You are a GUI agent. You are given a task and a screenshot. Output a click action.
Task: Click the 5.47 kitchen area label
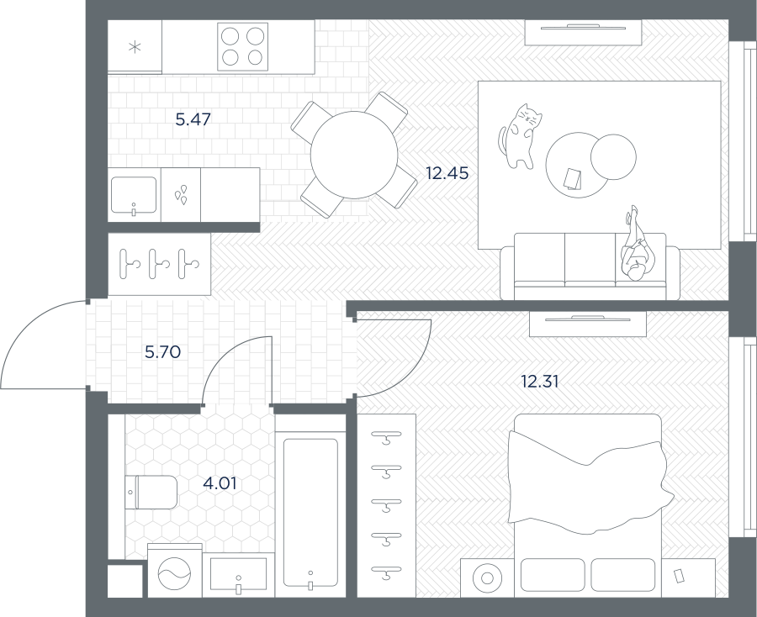193,119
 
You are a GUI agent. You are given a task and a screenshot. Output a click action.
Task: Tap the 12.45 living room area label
447,172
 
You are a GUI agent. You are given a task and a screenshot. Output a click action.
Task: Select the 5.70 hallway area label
162,351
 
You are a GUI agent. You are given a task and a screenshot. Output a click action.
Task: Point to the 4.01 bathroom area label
220,483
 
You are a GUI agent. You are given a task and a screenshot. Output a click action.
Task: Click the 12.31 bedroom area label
540,382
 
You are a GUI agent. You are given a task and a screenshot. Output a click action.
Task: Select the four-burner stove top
242,46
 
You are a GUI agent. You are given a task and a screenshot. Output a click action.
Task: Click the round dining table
354,155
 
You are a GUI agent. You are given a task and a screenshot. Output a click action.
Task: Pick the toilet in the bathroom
151,492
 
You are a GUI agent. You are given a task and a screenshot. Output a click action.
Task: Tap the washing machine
175,571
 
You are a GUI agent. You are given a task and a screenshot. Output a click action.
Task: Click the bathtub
310,512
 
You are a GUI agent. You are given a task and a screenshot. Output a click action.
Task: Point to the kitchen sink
134,195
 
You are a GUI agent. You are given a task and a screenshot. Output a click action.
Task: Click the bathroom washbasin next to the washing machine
239,576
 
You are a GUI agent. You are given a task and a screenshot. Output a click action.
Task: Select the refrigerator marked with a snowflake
135,46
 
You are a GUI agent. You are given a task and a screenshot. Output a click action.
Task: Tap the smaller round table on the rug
613,157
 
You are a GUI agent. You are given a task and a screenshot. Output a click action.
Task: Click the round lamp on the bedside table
487,578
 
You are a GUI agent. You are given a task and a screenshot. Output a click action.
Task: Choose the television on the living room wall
583,28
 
